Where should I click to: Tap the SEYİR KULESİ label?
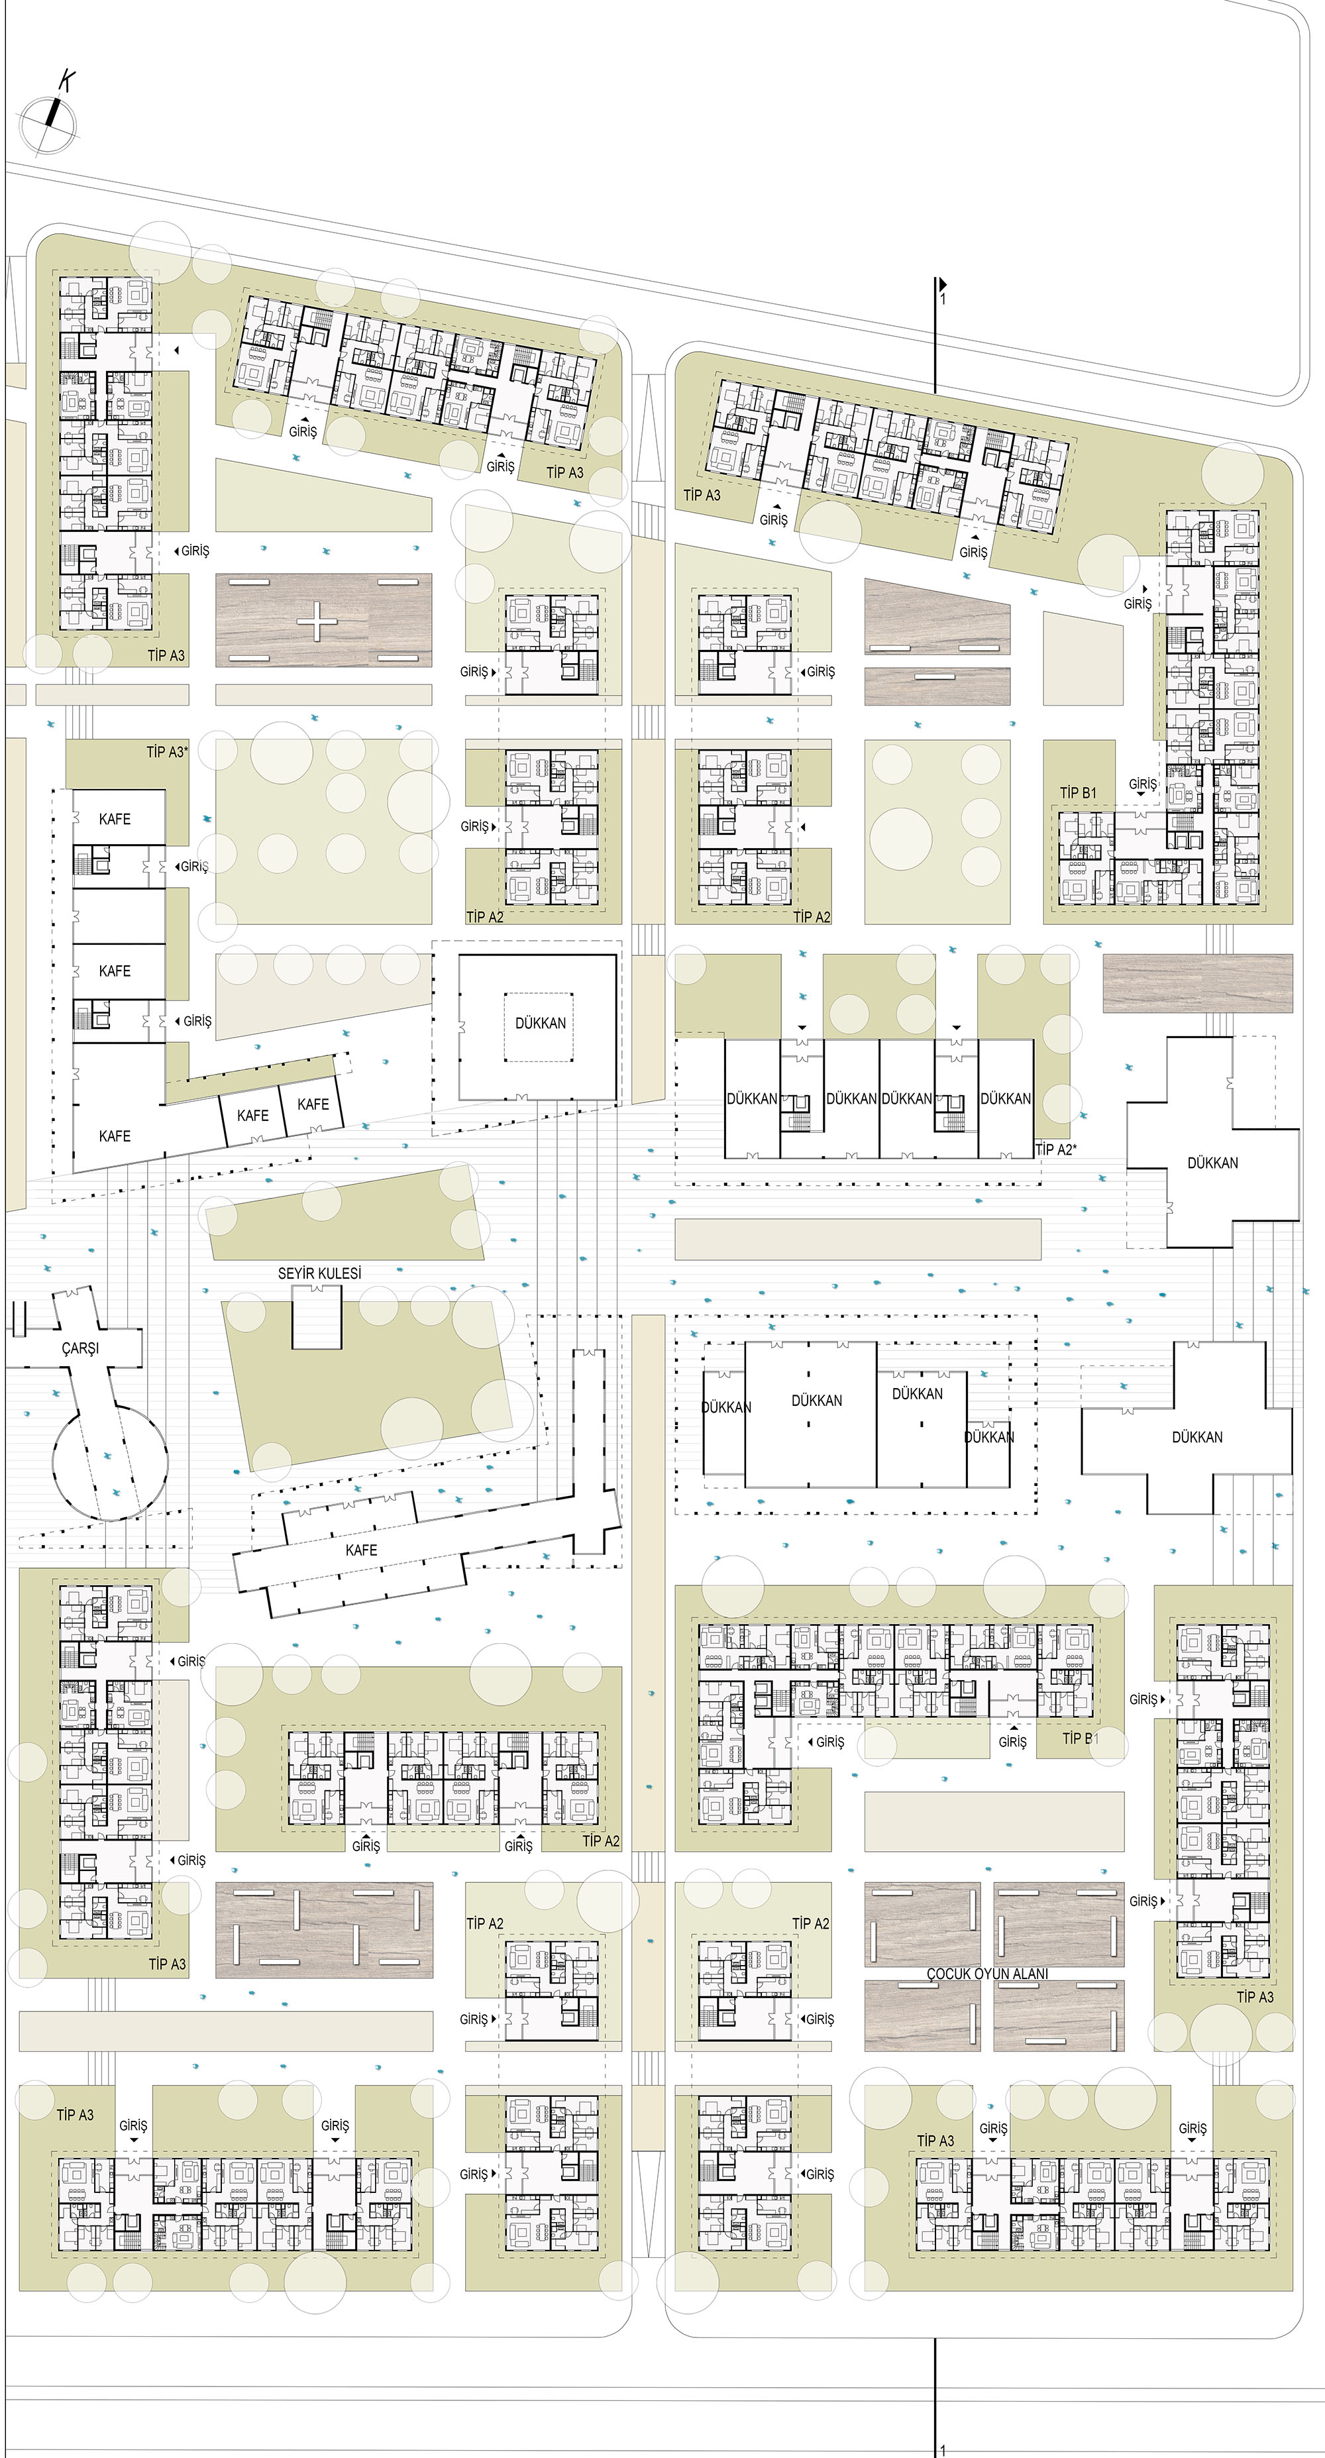(x=319, y=1273)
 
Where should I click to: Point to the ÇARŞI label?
(x=80, y=1348)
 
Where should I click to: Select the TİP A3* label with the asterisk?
(x=167, y=752)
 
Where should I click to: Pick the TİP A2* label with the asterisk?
(x=1055, y=1149)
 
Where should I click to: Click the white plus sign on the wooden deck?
(x=317, y=621)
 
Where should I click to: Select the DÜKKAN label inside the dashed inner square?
(x=540, y=1023)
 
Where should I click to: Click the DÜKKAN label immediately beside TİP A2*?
(x=1006, y=1098)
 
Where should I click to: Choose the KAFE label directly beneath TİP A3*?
(x=115, y=819)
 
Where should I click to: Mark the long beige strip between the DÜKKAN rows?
(x=857, y=1240)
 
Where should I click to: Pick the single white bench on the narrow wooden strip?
(x=937, y=676)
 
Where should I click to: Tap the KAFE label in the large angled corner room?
(x=115, y=1136)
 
